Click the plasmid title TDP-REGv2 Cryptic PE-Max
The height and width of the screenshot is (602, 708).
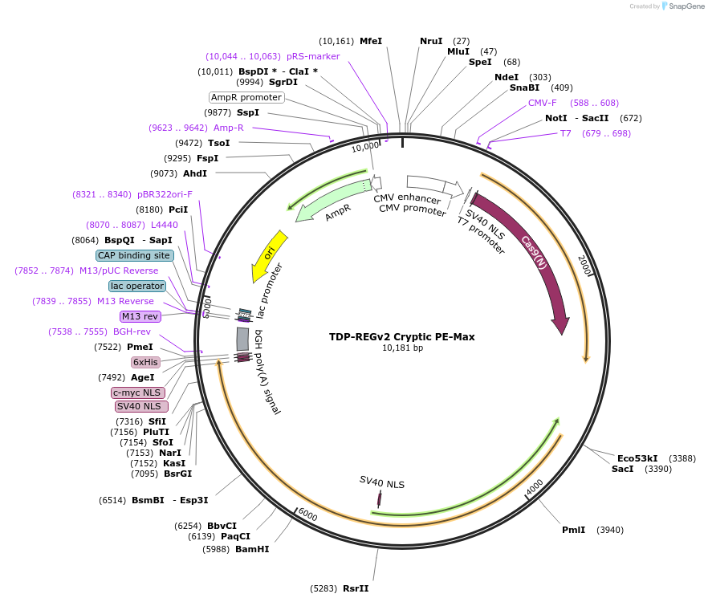401,337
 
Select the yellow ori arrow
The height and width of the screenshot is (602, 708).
269,256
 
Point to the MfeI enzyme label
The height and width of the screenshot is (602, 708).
371,41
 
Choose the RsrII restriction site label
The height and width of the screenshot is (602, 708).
356,588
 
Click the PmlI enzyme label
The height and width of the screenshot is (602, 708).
573,530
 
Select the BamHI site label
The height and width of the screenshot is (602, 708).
251,550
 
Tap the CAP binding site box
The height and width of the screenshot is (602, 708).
134,255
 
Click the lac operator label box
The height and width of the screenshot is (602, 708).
137,286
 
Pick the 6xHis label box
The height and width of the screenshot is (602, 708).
146,362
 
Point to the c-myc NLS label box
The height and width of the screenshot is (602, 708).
138,393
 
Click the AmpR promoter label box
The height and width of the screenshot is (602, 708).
246,97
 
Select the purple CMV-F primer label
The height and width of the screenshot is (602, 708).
542,103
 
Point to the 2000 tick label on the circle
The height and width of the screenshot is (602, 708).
584,265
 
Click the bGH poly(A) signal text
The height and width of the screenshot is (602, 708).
267,371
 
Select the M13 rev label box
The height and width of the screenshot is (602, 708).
140,316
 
